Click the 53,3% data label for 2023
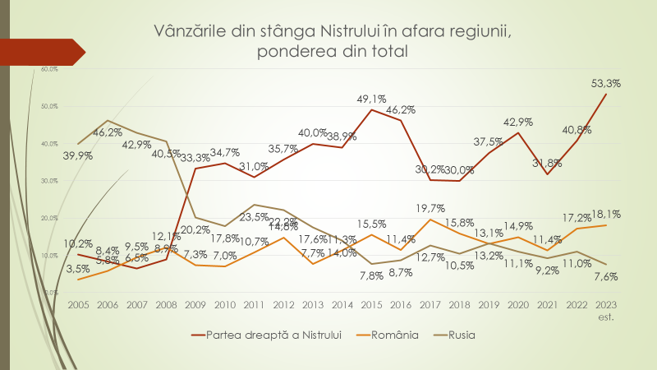(604, 83)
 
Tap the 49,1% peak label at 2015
(371, 99)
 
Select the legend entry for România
(396, 335)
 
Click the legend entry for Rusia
(461, 335)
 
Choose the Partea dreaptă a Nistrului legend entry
(279, 335)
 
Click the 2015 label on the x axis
(371, 304)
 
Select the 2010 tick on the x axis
(224, 304)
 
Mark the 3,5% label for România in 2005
(77, 268)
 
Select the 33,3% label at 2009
(195, 158)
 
